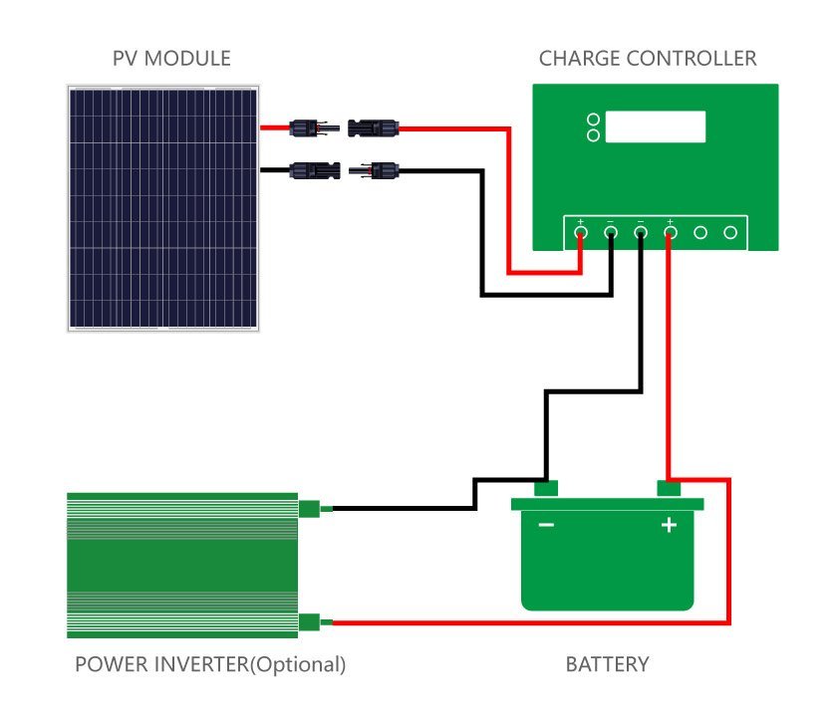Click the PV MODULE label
(171, 59)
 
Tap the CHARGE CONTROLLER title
(648, 59)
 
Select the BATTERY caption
(607, 664)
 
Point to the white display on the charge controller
(656, 126)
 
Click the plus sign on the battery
(669, 525)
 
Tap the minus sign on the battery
(546, 525)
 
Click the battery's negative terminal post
(545, 488)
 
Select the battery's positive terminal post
(669, 488)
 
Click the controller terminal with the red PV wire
(581, 233)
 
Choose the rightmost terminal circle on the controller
(730, 233)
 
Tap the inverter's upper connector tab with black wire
(310, 509)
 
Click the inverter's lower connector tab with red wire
(310, 622)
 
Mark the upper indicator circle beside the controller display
(594, 120)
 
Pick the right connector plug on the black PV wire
(374, 170)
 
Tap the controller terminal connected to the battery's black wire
(641, 233)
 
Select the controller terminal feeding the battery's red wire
(671, 233)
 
